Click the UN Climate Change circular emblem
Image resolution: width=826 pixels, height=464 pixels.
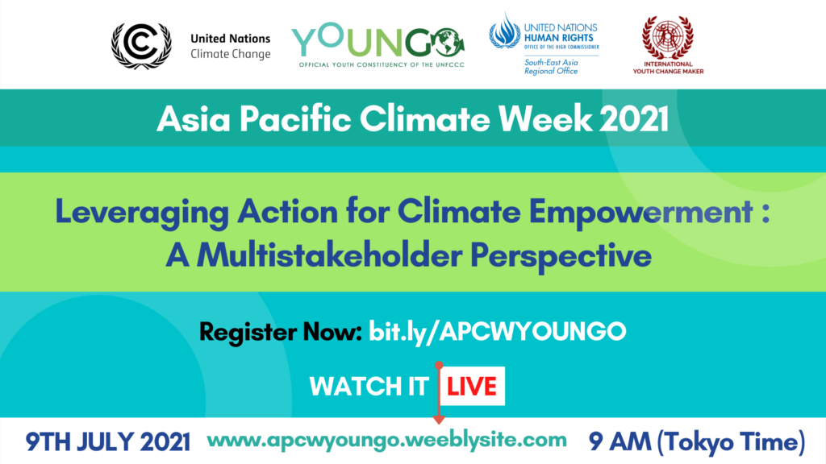pyautogui.click(x=141, y=46)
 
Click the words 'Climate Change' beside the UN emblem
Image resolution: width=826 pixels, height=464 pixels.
pyautogui.click(x=230, y=54)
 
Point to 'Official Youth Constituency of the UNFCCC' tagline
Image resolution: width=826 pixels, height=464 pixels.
pyautogui.click(x=382, y=64)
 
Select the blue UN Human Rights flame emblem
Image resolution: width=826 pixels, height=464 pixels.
pyautogui.click(x=504, y=31)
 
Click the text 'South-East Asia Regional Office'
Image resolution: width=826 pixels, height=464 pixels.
pyautogui.click(x=551, y=67)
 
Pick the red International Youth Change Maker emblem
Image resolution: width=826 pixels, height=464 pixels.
pyautogui.click(x=667, y=38)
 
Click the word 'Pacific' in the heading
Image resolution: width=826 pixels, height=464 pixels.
pyautogui.click(x=295, y=119)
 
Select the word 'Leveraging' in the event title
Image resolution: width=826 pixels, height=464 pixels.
pyautogui.click(x=142, y=213)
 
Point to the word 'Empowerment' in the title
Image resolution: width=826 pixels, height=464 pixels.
pyautogui.click(x=640, y=213)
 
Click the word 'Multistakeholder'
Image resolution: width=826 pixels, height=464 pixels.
pyautogui.click(x=329, y=255)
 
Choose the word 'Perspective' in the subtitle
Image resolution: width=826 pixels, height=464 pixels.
pyautogui.click(x=561, y=257)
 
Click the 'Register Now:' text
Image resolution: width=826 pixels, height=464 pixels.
pyautogui.click(x=280, y=332)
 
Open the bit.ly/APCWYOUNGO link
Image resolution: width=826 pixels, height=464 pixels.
pyautogui.click(x=497, y=332)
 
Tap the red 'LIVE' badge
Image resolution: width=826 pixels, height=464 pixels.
pyautogui.click(x=472, y=386)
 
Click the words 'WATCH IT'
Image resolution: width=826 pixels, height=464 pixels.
pyautogui.click(x=369, y=387)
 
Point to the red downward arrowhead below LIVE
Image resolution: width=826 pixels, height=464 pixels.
pyautogui.click(x=438, y=419)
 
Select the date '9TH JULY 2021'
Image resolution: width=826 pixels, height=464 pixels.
pyautogui.click(x=108, y=442)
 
